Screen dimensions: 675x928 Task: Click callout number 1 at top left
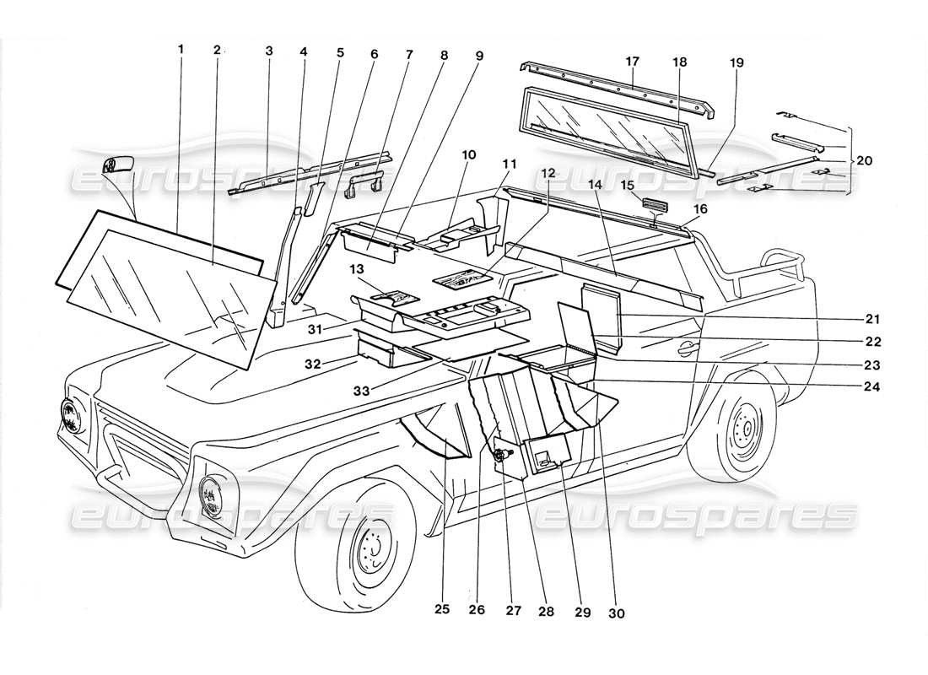point(180,50)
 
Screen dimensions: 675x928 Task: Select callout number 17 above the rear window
point(633,61)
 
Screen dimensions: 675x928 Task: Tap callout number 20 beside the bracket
point(863,160)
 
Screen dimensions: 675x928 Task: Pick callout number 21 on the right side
point(872,320)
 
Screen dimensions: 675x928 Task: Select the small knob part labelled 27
point(500,456)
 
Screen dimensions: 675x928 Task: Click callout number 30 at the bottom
point(617,613)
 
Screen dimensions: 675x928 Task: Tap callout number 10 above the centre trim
point(469,155)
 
